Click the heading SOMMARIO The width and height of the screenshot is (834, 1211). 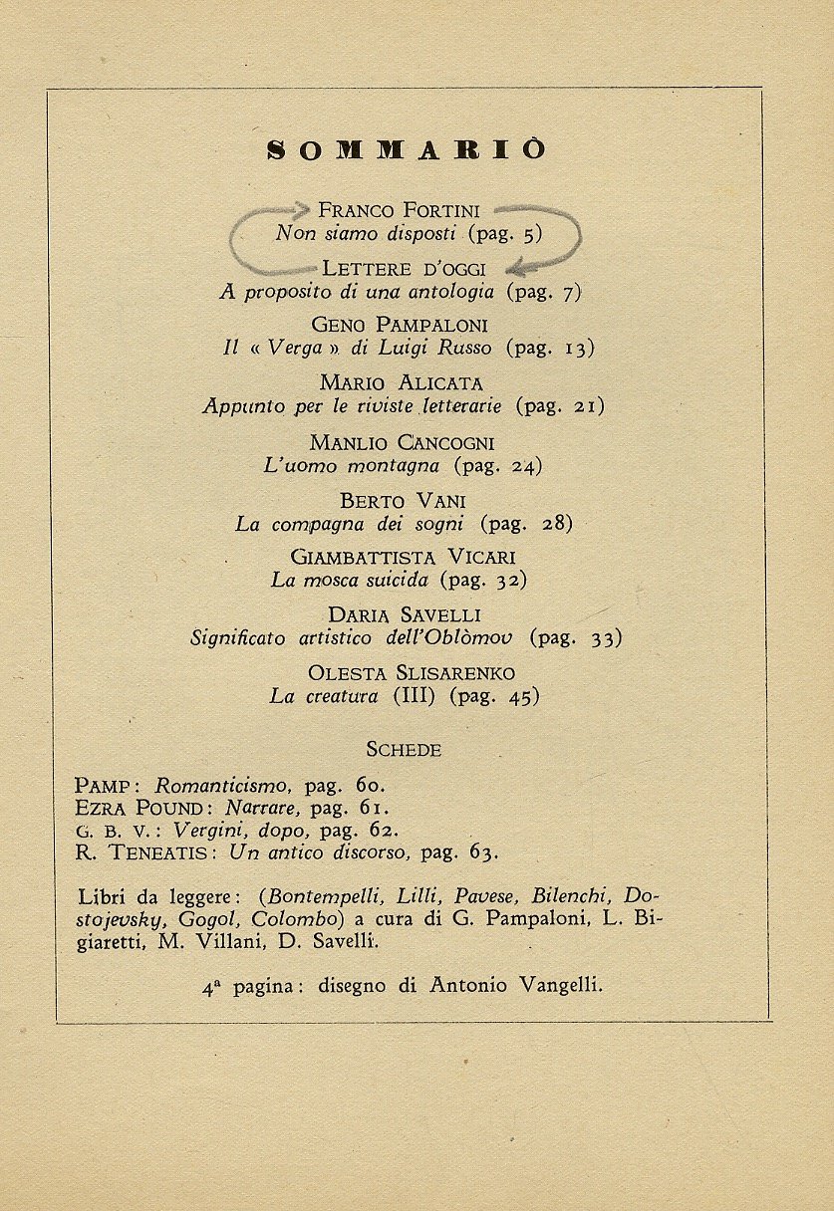pyautogui.click(x=408, y=150)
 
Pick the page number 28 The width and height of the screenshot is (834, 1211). pyautogui.click(x=555, y=524)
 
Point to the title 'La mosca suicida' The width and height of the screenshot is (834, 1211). pyautogui.click(x=349, y=580)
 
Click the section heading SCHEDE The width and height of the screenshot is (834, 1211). pyautogui.click(x=404, y=750)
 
